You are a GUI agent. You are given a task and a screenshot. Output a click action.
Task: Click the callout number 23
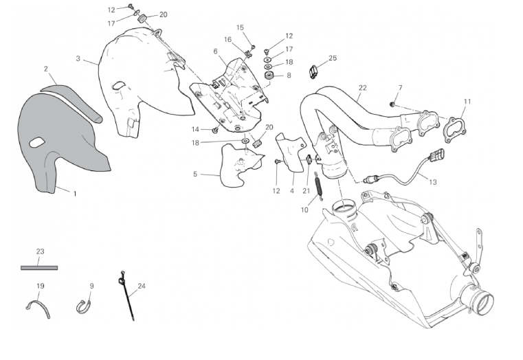[x=39, y=251]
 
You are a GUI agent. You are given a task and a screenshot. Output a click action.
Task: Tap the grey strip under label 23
[x=39, y=266]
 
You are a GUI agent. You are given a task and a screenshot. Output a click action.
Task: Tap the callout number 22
[x=362, y=88]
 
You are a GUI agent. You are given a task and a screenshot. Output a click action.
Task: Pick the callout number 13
[x=432, y=182]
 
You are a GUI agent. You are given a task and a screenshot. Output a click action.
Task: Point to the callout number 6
[x=215, y=51]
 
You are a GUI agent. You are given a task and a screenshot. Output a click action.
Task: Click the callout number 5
[x=195, y=175]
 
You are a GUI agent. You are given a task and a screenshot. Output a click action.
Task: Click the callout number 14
[x=195, y=129]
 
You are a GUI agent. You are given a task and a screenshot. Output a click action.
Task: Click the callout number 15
[x=241, y=27]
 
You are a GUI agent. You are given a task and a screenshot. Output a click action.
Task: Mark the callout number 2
[x=45, y=69]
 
